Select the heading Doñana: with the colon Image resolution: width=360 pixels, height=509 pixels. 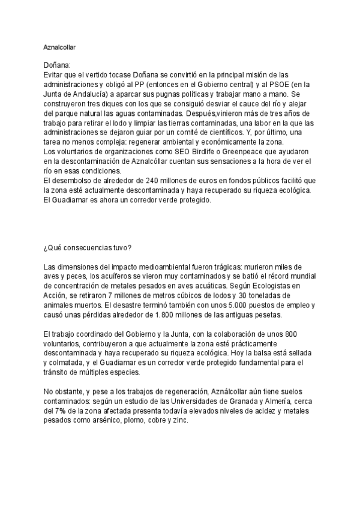pos(58,65)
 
